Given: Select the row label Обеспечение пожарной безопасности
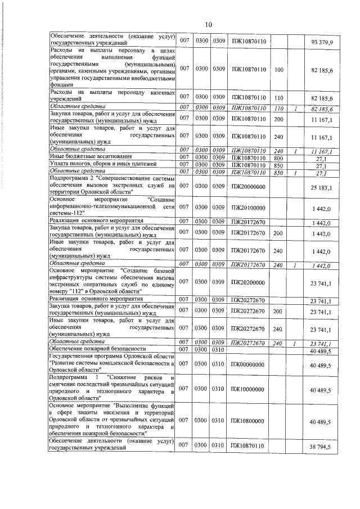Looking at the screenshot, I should tap(98, 349).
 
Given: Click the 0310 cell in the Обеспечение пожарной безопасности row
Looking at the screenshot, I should tap(219, 349).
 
